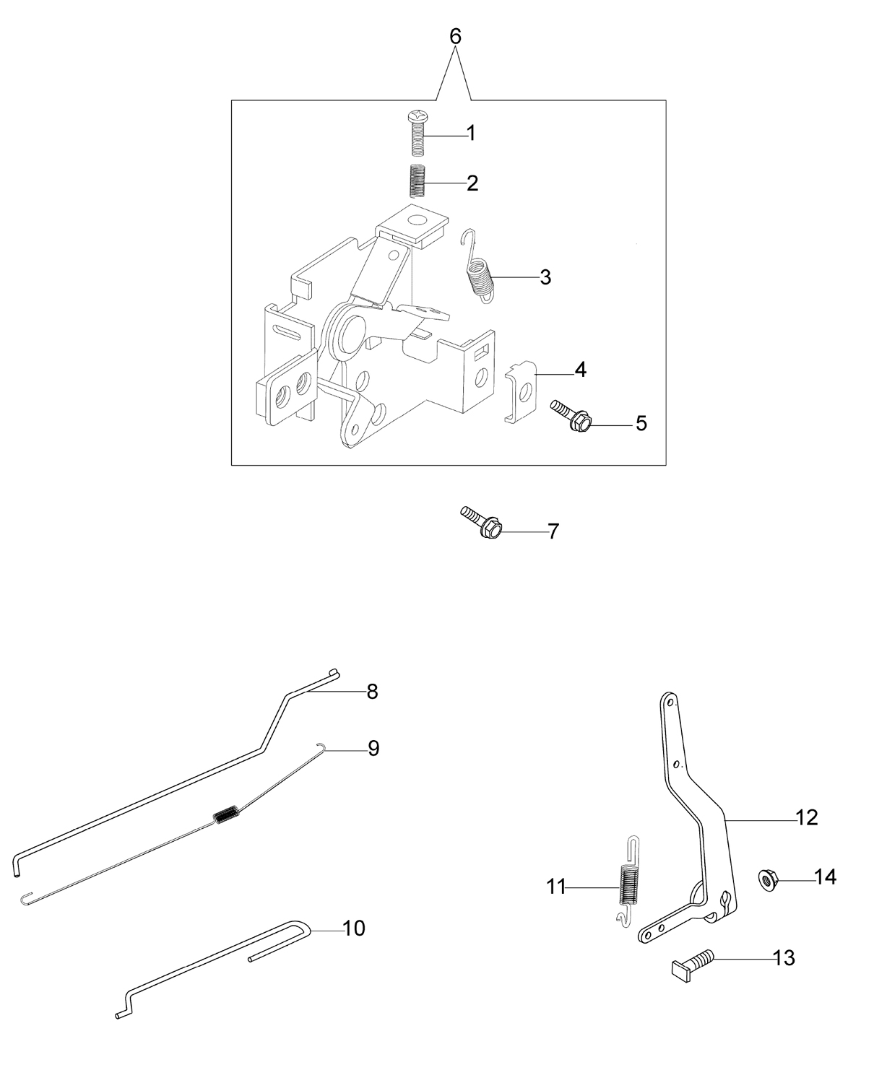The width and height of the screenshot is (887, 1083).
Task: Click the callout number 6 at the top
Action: [x=455, y=37]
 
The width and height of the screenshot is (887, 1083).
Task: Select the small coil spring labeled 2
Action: [x=417, y=180]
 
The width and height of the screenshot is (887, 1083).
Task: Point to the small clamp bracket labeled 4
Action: [x=522, y=391]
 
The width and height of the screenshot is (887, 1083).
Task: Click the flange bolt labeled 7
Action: [x=481, y=522]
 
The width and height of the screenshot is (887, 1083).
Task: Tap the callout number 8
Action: [x=372, y=692]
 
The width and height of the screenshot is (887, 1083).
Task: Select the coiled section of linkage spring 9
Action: [x=227, y=815]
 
